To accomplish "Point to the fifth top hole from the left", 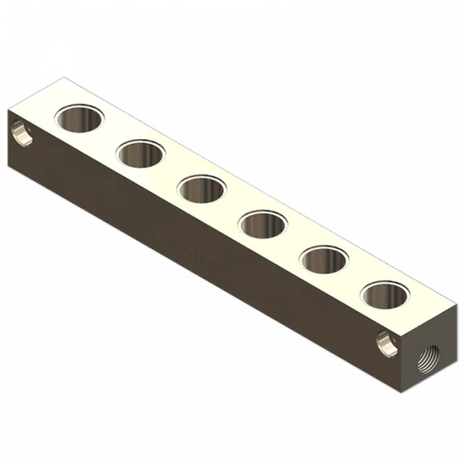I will (325, 260).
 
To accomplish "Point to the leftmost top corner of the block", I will (9, 109).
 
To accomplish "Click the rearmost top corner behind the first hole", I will (61, 78).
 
